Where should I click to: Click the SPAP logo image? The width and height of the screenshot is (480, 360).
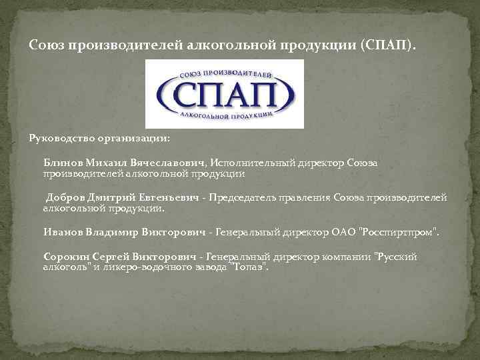coord(225,94)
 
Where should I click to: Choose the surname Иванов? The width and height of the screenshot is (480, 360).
coord(63,232)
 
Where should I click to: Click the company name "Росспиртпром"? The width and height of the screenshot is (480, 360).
coord(399,232)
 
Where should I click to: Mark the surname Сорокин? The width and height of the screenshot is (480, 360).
coord(66,256)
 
